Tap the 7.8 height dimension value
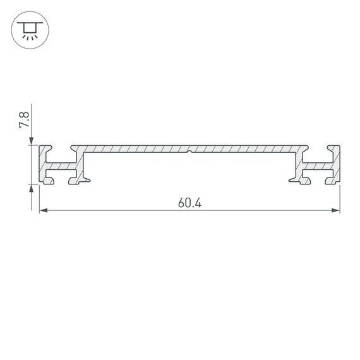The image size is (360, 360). point(24,120)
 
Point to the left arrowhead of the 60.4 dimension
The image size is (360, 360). point(43,211)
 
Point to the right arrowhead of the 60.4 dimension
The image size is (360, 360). point(336,211)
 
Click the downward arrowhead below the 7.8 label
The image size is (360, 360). point(31,141)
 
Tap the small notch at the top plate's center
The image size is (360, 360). point(189,151)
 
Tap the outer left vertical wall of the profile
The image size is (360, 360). point(42,165)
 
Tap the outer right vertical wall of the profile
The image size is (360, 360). point(337,165)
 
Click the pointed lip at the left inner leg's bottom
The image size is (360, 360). point(87,181)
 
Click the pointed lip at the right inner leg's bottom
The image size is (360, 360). point(292,181)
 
